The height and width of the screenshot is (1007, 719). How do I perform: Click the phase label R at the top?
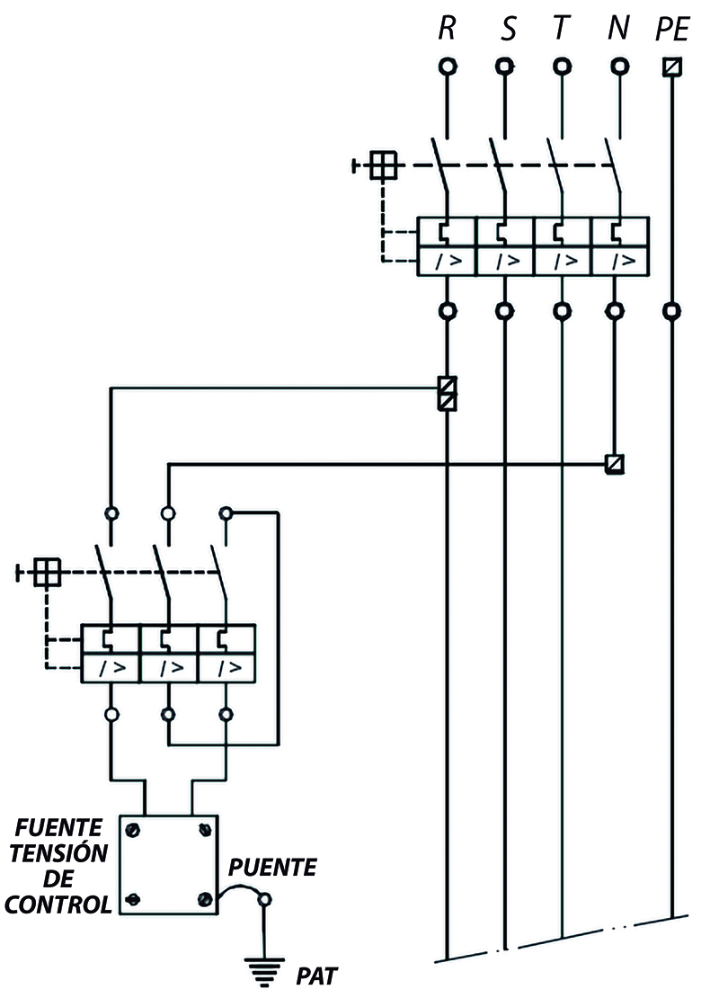[448, 28]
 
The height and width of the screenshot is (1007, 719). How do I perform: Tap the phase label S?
[508, 28]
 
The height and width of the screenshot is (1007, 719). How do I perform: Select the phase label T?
[562, 28]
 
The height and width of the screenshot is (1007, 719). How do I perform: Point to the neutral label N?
[618, 28]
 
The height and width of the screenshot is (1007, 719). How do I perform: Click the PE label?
[673, 30]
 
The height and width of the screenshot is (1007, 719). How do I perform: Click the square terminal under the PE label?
[672, 67]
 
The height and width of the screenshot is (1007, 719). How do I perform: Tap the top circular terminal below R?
[448, 67]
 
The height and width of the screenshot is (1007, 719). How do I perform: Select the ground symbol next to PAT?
[264, 970]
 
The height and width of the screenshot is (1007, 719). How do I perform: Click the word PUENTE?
[272, 868]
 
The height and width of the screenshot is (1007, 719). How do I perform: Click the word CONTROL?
[58, 905]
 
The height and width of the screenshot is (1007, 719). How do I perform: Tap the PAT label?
[315, 976]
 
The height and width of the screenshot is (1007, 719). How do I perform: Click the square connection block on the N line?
[615, 464]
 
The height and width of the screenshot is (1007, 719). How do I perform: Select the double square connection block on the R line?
[448, 393]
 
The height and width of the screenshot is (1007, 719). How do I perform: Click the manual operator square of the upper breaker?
[383, 165]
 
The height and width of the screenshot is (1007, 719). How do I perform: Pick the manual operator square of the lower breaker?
[48, 572]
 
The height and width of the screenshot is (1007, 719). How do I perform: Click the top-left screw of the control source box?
[134, 830]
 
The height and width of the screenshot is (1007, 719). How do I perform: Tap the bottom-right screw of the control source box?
[206, 898]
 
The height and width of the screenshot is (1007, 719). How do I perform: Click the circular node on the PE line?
[672, 311]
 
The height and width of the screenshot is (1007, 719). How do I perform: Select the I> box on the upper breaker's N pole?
[620, 261]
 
